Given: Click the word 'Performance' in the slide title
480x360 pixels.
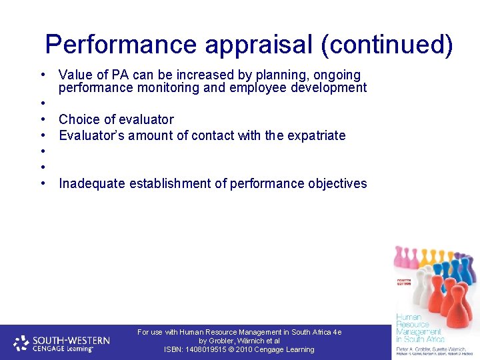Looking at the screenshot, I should point(121,45).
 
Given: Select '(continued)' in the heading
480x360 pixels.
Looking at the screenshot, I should point(387,45).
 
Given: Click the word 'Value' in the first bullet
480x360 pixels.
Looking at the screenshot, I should point(76,75).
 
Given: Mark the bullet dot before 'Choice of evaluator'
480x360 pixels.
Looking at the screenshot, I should point(42,119).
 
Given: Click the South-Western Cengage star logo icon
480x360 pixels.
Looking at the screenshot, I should point(21,343).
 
